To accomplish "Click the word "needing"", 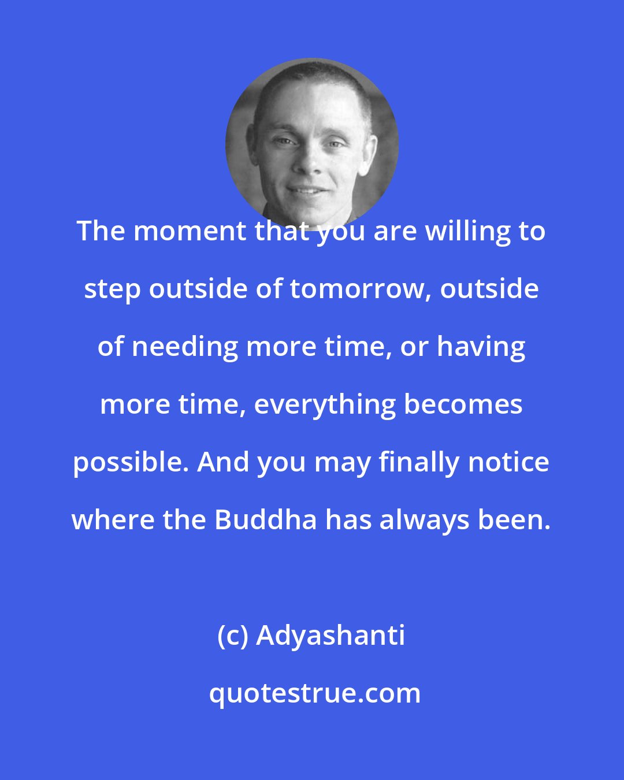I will [185, 347].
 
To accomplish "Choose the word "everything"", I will [325, 404].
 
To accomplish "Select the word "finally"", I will [415, 462].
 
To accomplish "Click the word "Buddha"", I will [266, 520].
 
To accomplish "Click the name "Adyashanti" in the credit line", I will [330, 636].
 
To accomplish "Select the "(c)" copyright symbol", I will [233, 636].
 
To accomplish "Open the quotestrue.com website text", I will [314, 693].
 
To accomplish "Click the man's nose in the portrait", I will [310, 164].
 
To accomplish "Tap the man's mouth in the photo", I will [307, 190].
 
